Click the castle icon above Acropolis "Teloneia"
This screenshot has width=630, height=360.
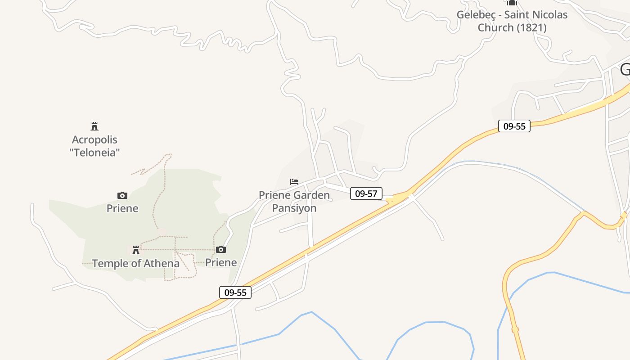(94, 126)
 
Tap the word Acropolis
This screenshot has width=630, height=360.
(94, 140)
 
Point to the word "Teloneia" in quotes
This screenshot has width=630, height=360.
(94, 153)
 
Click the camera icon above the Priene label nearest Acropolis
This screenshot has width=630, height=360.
(122, 195)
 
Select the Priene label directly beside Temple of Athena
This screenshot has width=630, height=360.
(221, 262)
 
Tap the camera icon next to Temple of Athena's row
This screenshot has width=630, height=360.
(221, 249)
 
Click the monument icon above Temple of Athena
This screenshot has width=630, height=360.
(136, 250)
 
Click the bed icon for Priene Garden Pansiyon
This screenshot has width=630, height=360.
(294, 182)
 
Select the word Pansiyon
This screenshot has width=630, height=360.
(294, 208)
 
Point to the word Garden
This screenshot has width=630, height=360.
(311, 195)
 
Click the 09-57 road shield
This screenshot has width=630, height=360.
(366, 194)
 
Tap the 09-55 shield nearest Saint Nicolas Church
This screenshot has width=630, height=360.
(514, 126)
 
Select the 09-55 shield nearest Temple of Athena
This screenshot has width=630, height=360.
(235, 292)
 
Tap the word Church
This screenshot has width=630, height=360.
(495, 27)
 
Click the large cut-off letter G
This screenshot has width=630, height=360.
(625, 70)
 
